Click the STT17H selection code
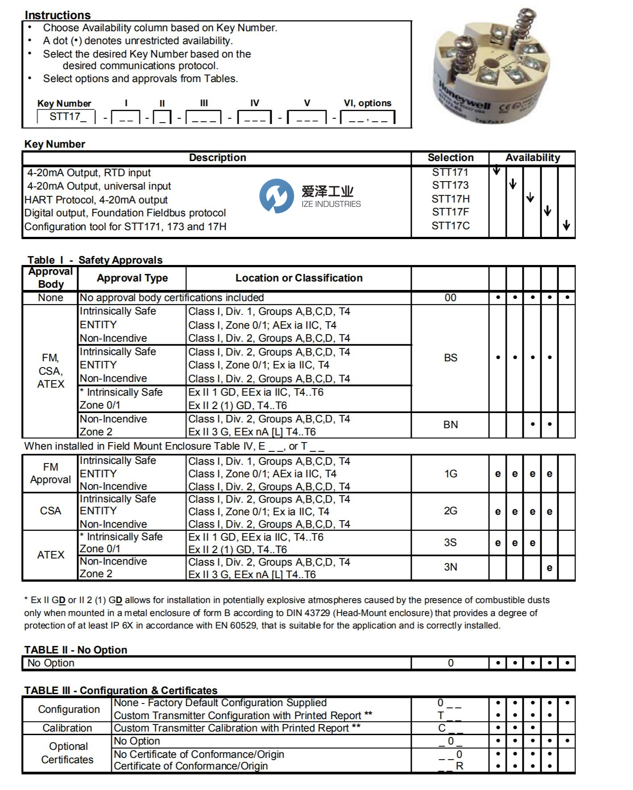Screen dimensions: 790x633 450,199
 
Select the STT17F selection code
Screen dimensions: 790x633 450,212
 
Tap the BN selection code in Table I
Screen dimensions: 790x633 450,425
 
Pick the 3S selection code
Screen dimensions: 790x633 450,543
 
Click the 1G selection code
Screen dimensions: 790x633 450,474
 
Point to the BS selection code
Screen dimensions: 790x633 450,358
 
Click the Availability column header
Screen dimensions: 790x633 532,158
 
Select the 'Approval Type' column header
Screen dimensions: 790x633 132,278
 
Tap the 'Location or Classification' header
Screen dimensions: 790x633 299,278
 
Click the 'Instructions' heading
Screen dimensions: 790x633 58,15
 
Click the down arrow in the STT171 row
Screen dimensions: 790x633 496,171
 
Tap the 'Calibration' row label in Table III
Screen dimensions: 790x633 67,728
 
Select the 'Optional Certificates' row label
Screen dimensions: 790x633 67,753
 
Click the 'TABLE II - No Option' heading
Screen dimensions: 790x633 76,650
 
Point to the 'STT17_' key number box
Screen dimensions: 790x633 66,117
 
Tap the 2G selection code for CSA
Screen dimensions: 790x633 450,511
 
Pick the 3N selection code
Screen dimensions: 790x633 450,567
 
